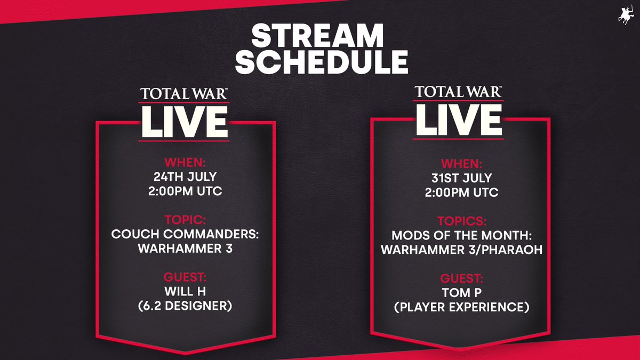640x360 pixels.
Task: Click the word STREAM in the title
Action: (x=320, y=37)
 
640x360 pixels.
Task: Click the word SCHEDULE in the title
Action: (x=320, y=62)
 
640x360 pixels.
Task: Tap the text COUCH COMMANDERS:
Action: (x=185, y=234)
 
